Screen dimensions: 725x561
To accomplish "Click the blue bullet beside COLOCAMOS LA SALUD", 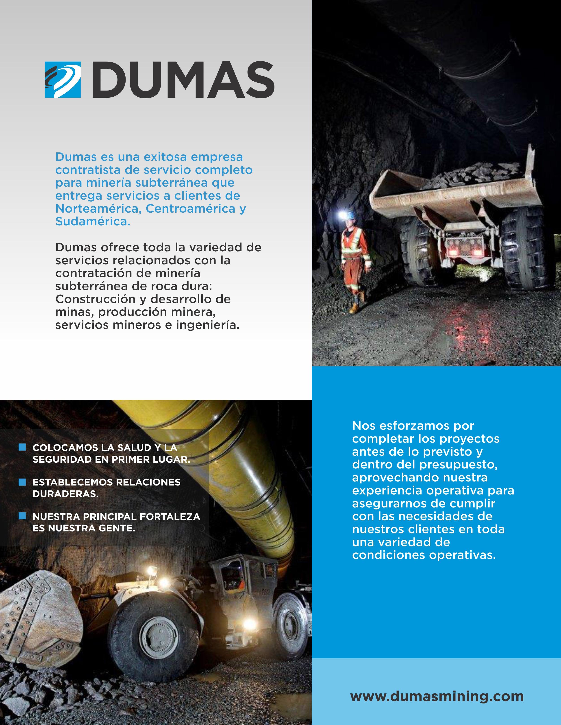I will coord(22,447).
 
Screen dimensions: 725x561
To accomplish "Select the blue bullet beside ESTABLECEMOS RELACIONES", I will coord(22,482).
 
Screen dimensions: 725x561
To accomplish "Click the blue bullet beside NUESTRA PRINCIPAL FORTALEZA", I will coord(22,516).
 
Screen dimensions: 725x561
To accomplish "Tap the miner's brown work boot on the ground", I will coord(354,309).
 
